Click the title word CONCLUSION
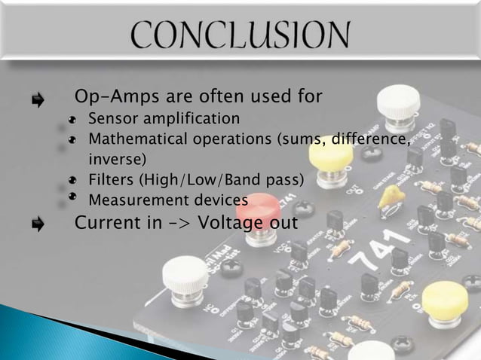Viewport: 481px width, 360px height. tap(240, 35)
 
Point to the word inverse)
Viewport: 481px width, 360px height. tap(118, 160)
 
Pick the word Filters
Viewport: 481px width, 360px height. tap(112, 180)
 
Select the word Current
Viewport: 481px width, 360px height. tap(105, 224)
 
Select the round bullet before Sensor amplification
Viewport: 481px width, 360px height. tap(72, 120)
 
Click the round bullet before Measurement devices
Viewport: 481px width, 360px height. tap(72, 198)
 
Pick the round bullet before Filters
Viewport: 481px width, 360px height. tap(72, 181)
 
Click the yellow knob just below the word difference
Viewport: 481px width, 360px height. tap(330, 154)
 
